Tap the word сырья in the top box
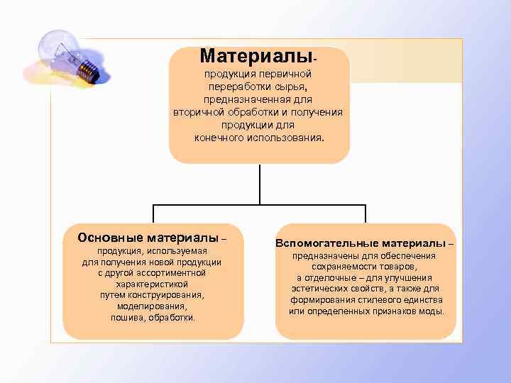(292, 86)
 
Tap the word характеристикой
(152, 283)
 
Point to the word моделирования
(152, 306)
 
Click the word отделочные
(331, 278)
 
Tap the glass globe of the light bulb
(57, 50)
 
